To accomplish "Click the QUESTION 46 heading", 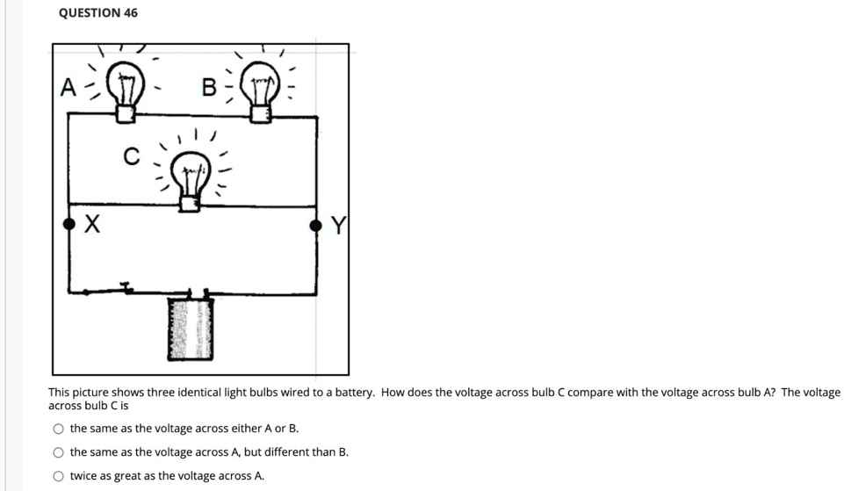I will click(97, 13).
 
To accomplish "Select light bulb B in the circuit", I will click(260, 86).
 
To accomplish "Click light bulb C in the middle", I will click(190, 174).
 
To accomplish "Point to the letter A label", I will click(67, 88).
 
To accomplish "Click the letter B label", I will click(209, 88).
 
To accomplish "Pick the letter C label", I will click(131, 156).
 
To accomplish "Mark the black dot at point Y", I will click(316, 226).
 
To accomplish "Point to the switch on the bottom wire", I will click(126, 287).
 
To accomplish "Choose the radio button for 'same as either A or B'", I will click(58, 430).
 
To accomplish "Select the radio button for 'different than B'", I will click(58, 452).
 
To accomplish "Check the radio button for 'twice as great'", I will click(58, 476).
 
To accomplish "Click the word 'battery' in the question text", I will click(352, 393).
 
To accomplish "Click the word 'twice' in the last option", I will click(83, 476).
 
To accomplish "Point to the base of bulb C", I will click(189, 203).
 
